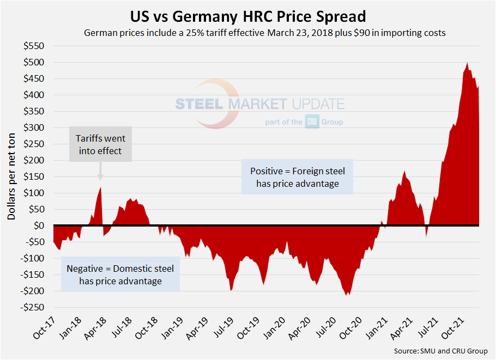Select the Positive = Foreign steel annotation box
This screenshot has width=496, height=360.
click(297, 177)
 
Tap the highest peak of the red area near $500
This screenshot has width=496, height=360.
click(467, 63)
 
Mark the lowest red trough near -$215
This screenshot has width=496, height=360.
click(347, 295)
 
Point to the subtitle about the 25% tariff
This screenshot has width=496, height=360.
click(264, 33)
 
